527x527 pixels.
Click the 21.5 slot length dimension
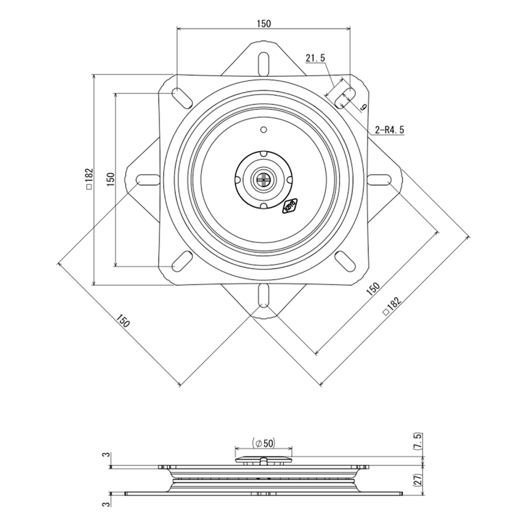315,58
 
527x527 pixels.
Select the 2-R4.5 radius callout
390,130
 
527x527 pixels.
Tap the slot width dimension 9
363,107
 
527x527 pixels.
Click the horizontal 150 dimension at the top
264,24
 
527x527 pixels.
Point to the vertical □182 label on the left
89,179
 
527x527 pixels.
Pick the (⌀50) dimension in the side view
263,444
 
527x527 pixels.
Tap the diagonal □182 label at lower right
393,306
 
